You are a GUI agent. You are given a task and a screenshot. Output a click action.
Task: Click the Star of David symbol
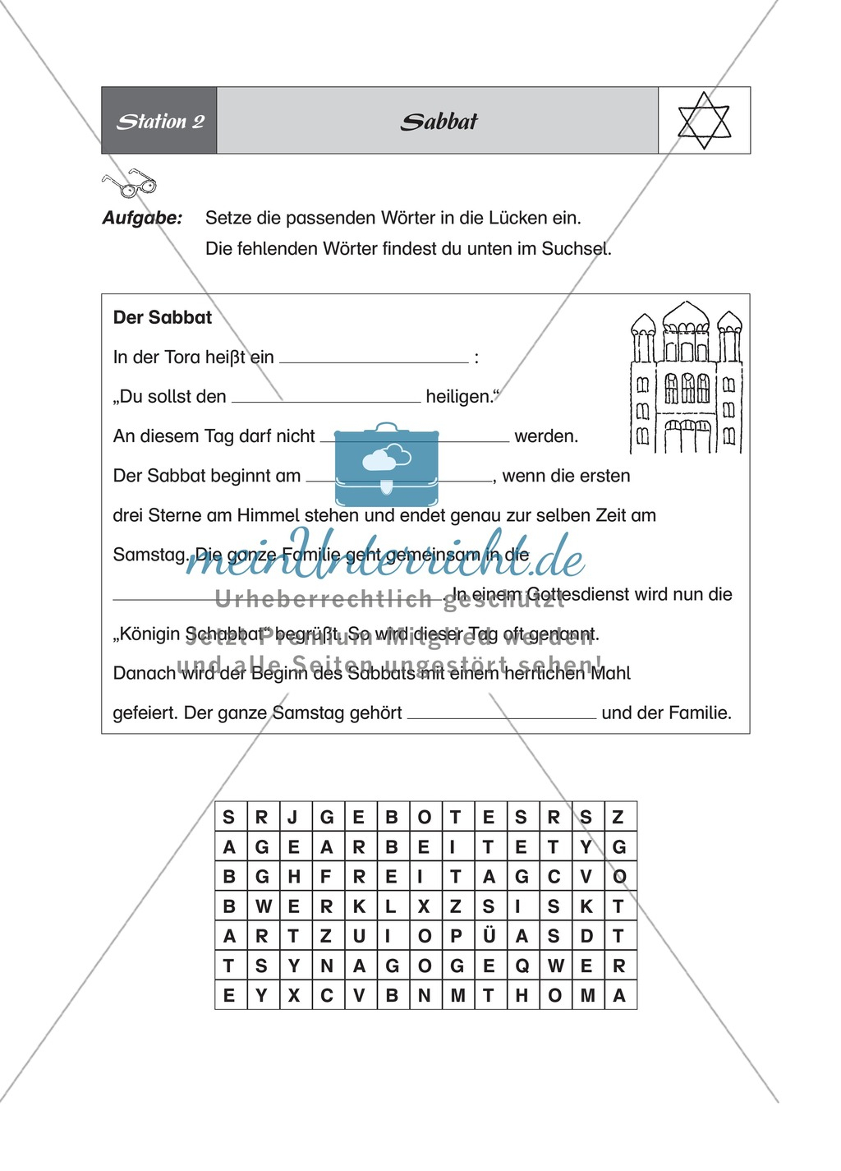coord(704,121)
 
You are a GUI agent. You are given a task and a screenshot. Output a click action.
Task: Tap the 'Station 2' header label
coord(160,122)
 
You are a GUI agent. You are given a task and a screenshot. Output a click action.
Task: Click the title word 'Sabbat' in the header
coord(439,122)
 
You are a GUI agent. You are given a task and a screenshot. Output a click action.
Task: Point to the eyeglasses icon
coord(128,184)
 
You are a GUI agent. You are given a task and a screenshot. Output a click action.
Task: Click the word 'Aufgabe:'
coord(142,218)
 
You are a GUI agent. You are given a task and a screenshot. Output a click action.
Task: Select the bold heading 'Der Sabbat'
coord(163,317)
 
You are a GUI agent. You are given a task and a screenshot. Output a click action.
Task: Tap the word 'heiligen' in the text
coord(459,396)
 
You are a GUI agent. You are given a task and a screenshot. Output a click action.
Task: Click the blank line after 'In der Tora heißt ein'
coord(374,360)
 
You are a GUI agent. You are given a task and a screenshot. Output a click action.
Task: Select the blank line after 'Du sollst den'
coord(326,399)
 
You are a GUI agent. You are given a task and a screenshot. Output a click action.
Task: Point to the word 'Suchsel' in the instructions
coord(576,248)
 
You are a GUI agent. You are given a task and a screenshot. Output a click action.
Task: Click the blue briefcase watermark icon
coord(386,465)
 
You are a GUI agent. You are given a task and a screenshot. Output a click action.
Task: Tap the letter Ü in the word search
coord(489,936)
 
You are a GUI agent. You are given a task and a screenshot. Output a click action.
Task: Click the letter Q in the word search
coord(522,966)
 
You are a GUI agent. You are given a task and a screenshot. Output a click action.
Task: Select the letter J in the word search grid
coord(293,817)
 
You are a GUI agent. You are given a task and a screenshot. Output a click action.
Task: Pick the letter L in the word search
coord(391,906)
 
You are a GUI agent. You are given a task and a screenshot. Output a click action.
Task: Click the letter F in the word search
coord(326,877)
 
